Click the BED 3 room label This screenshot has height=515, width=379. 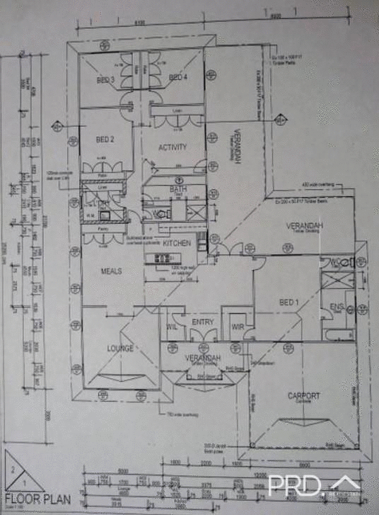pos(105,80)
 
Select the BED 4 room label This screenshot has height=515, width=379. pos(177,77)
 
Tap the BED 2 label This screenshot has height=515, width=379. pos(105,140)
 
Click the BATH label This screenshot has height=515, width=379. pos(177,190)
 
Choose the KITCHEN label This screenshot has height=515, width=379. pos(177,243)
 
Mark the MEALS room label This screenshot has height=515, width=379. pos(111,271)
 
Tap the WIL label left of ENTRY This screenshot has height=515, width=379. pos(172,327)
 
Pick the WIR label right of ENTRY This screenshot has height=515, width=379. pos(237,327)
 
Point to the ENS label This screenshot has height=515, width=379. pos(337,307)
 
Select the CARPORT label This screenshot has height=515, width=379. pos(304,396)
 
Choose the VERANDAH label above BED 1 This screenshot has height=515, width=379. pos(304,226)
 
